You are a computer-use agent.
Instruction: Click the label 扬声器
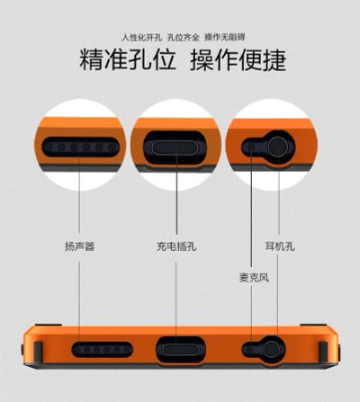tap(79, 246)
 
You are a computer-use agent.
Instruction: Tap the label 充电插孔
tap(176, 246)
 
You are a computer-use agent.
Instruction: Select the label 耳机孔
tap(280, 246)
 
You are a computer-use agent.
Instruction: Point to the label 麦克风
tap(254, 278)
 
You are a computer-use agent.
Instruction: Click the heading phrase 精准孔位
tap(128, 60)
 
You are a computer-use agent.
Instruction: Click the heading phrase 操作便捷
tap(238, 60)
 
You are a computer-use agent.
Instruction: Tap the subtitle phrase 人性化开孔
tap(142, 38)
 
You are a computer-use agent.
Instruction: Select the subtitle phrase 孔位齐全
tap(184, 38)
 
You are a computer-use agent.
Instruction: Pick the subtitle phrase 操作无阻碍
tap(225, 38)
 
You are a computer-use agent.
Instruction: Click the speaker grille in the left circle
tap(81, 147)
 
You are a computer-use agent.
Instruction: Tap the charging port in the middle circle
tap(176, 147)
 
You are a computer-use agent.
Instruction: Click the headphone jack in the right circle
tap(278, 147)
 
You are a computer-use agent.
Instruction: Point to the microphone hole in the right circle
tap(250, 147)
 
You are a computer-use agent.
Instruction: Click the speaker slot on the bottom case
tap(103, 349)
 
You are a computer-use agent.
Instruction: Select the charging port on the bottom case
tap(181, 350)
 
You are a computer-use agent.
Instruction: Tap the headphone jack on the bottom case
tap(273, 350)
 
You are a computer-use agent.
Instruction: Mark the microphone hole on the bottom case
tap(249, 349)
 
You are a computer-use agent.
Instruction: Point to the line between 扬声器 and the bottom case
tap(79, 301)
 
